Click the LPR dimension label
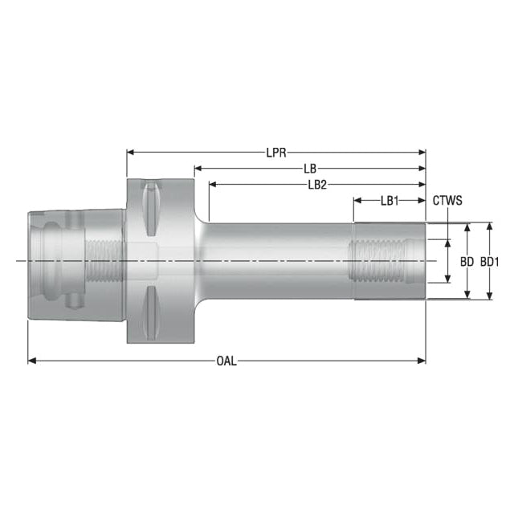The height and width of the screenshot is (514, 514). tap(276, 153)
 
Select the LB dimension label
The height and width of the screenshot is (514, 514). tap(310, 169)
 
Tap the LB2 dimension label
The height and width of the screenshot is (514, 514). tap(317, 185)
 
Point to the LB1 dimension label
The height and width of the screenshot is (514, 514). tap(390, 201)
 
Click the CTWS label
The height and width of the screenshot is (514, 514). tap(447, 200)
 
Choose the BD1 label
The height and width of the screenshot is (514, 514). tap(490, 262)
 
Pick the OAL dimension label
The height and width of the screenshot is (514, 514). tap(226, 361)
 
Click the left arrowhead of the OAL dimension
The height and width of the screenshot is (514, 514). tap(32, 361)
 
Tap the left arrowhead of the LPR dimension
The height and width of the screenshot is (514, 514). tap(131, 152)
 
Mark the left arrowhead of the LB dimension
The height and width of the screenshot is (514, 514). tap(198, 169)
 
